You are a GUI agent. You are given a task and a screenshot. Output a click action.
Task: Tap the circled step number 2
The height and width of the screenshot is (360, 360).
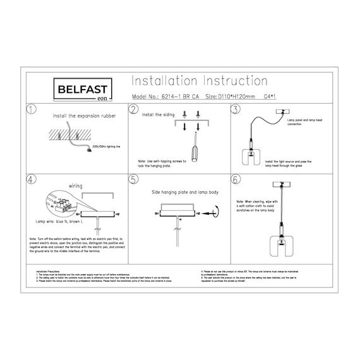point(133,110)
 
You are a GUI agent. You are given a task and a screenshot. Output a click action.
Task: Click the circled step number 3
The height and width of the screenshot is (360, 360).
point(235,110)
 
